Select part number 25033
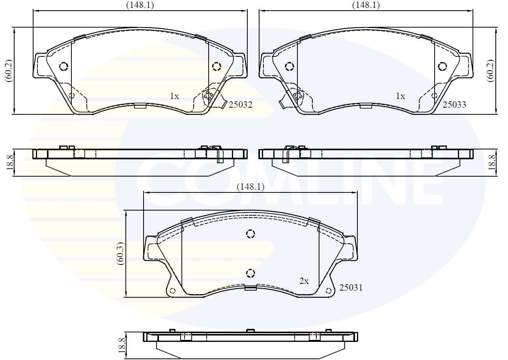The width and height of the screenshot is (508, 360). click(454, 104)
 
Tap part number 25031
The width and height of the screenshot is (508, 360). click(351, 288)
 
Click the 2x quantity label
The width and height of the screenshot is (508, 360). click(304, 281)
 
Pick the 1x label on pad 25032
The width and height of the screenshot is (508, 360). click(174, 96)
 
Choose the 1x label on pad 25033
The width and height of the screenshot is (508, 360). click(400, 96)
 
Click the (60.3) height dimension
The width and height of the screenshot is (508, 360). click(121, 254)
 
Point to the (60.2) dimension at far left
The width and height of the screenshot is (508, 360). click(9, 71)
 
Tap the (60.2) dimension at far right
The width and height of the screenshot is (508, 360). click(490, 71)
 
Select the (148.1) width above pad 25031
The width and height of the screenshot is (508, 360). click(250, 187)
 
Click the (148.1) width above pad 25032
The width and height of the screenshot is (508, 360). click(140, 5)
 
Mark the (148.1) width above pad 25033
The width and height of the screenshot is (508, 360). click(366, 5)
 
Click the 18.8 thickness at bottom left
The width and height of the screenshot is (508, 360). click(122, 345)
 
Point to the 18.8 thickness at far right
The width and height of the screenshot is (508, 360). click(492, 162)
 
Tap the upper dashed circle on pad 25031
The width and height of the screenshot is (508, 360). click(250, 234)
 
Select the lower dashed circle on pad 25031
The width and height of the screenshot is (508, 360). click(250, 273)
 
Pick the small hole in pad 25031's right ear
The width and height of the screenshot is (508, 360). click(329, 291)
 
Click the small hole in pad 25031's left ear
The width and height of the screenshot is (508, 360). click(172, 291)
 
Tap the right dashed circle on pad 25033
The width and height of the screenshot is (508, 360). click(442, 66)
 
